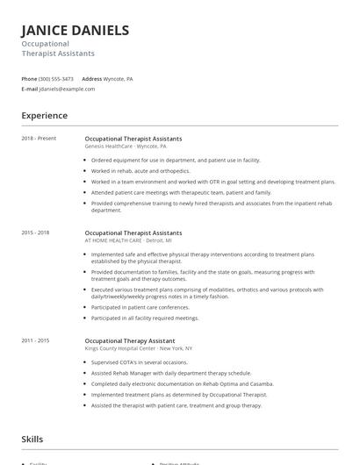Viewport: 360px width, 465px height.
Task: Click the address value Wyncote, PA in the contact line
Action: click(x=119, y=78)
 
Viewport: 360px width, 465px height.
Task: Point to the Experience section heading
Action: click(x=44, y=116)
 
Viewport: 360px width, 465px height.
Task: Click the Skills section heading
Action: click(x=32, y=439)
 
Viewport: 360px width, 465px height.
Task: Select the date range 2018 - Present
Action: click(x=39, y=139)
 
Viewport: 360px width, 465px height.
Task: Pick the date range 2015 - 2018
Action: click(x=35, y=233)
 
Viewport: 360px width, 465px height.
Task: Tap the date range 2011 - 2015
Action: click(x=35, y=340)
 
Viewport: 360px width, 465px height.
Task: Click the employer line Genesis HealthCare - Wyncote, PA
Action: click(x=126, y=147)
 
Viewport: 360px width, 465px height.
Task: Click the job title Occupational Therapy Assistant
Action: click(x=129, y=340)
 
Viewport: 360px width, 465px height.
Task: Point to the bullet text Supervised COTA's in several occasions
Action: click(x=140, y=361)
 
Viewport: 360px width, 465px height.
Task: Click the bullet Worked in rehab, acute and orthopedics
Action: click(x=140, y=171)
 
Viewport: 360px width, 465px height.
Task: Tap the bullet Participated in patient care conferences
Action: click(x=140, y=307)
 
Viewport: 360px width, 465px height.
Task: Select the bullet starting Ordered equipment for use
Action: click(x=176, y=161)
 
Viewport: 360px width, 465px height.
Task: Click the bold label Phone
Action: click(x=29, y=78)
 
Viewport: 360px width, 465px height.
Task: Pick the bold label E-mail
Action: click(x=30, y=89)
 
